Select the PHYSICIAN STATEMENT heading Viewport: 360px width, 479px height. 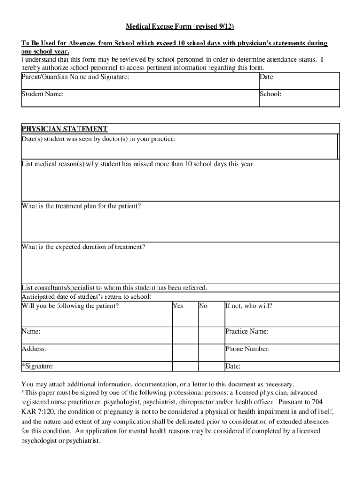(65, 129)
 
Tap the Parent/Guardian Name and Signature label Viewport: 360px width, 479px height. (75, 77)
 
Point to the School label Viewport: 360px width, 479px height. (271, 94)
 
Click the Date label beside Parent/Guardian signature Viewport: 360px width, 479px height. (267, 77)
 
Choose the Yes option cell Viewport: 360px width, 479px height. (178, 306)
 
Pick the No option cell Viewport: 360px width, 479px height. (203, 306)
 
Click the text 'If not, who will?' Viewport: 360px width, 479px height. (249, 306)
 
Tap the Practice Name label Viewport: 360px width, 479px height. (247, 331)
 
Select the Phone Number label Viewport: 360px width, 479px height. (247, 349)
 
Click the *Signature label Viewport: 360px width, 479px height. (38, 366)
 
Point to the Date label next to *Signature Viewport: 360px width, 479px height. (233, 366)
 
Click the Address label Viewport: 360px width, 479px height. (34, 349)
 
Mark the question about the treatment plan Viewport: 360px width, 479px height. (81, 206)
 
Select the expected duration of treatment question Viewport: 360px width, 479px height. (84, 247)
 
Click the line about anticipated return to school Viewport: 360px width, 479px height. (86, 297)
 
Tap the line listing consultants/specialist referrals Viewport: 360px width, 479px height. (115, 288)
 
